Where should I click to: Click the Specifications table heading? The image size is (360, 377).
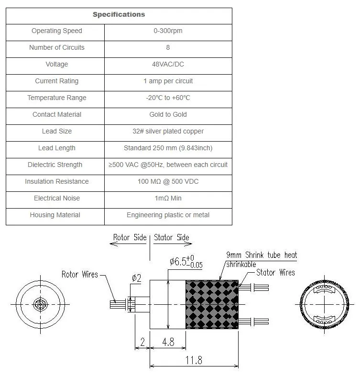(119, 14)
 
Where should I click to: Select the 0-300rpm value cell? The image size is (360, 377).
(168, 31)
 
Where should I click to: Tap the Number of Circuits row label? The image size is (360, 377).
(56, 48)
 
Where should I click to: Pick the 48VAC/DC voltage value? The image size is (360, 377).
(168, 65)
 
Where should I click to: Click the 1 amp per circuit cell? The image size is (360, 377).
(168, 81)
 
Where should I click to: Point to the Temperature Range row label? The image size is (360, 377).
(56, 98)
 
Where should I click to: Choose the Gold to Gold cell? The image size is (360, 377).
(168, 115)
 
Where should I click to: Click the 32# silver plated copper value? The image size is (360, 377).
(168, 132)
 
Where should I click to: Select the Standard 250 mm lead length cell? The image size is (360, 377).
(168, 148)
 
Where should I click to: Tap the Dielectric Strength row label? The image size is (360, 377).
(55, 165)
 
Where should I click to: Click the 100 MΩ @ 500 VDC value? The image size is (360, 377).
(168, 182)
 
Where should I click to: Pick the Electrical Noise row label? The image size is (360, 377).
(56, 199)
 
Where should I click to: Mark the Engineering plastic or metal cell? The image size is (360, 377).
(168, 215)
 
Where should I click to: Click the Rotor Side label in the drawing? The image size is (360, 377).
(130, 238)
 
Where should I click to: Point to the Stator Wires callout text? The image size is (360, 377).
(275, 273)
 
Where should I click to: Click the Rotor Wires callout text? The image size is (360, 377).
(79, 275)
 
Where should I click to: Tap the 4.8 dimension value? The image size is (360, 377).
(167, 343)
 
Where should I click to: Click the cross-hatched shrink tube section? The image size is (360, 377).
(212, 305)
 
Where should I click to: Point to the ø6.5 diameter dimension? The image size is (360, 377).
(180, 262)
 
